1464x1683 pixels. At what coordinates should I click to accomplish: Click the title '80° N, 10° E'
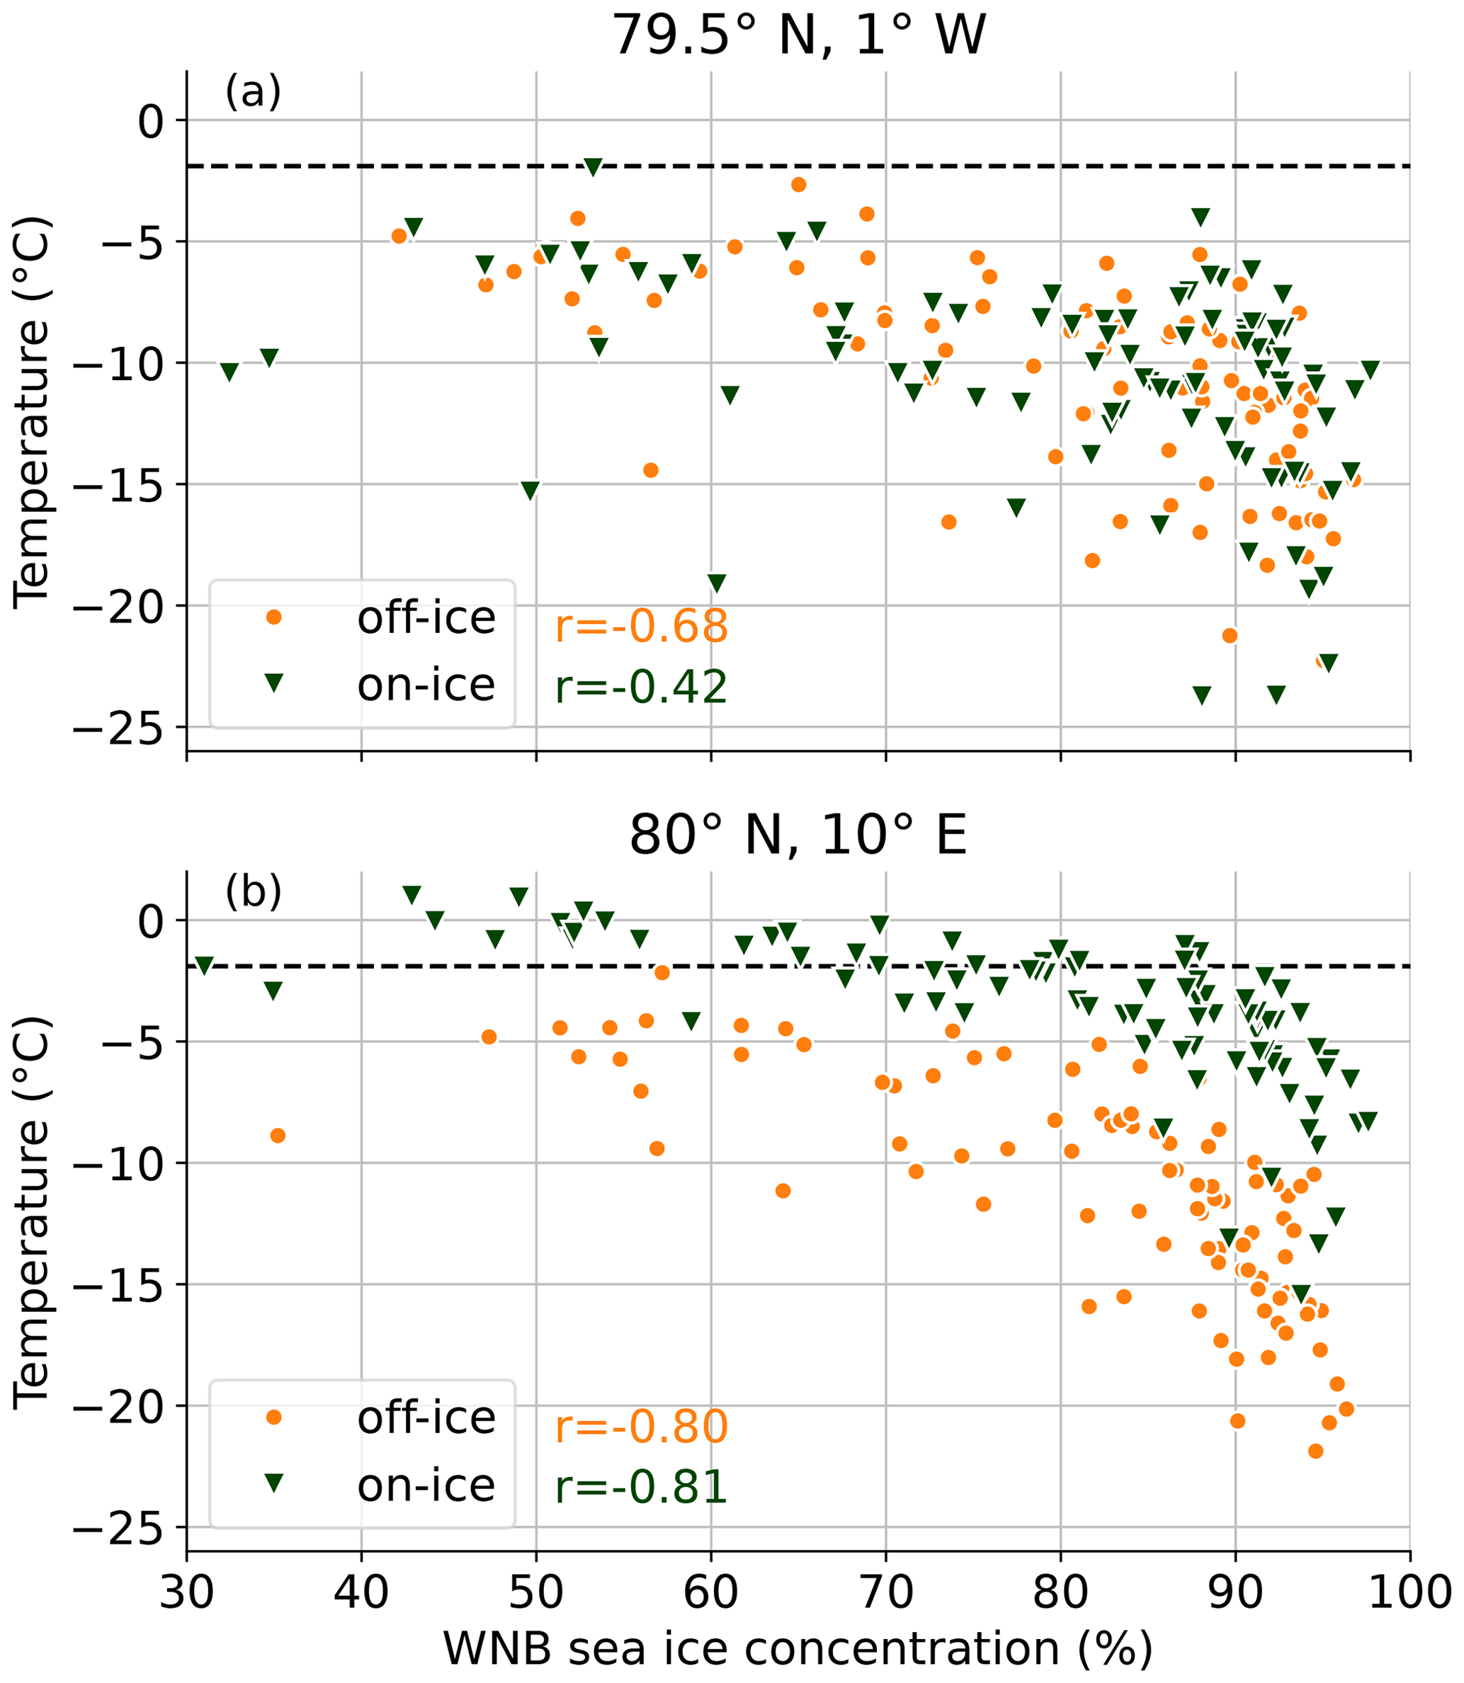pos(798,835)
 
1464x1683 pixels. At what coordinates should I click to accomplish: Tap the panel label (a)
pos(254,91)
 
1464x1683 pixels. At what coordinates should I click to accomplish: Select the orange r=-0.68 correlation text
pos(640,627)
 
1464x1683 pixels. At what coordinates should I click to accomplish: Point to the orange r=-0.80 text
pos(640,1427)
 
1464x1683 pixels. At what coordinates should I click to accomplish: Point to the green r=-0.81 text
pos(640,1487)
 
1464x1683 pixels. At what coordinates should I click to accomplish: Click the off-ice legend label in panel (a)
pos(426,618)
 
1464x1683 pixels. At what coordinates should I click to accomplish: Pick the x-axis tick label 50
pos(536,1593)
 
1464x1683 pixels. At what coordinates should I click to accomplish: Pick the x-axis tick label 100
pos(1409,1593)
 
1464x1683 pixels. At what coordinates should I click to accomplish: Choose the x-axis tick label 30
pos(187,1593)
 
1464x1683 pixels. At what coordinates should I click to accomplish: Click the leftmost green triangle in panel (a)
pos(229,372)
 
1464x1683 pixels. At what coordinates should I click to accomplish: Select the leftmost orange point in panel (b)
pos(278,1135)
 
